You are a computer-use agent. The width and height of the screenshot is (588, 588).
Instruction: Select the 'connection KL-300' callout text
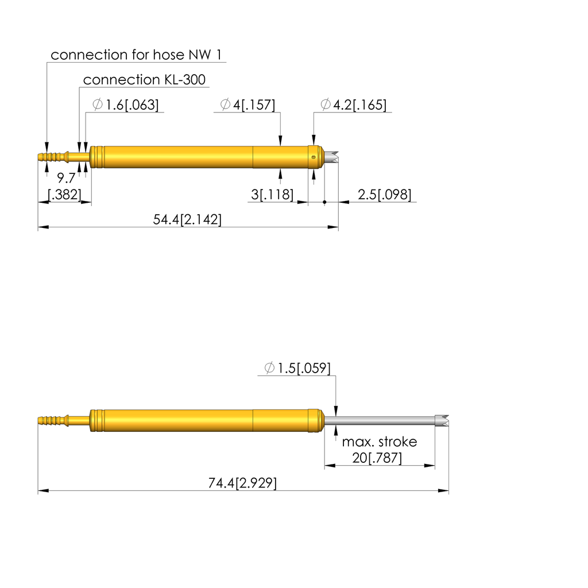(144, 80)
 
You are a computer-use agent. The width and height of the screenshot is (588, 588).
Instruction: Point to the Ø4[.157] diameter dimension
(247, 105)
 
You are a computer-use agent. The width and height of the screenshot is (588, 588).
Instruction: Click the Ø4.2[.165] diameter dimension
(353, 105)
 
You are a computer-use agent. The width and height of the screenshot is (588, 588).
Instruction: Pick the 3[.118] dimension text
(272, 195)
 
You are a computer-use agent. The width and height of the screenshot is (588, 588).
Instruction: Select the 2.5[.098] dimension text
(384, 195)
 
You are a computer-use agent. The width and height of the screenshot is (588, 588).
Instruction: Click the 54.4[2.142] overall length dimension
(188, 219)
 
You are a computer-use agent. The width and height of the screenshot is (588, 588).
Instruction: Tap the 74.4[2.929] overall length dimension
(242, 483)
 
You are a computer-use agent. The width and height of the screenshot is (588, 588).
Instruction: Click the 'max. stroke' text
(380, 442)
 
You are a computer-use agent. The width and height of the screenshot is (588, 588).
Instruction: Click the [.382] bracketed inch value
(64, 195)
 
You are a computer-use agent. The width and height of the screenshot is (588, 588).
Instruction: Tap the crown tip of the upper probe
(332, 156)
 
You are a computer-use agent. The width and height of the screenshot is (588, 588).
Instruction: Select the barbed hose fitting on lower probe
(52, 420)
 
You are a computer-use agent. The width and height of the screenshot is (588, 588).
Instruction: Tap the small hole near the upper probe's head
(313, 156)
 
